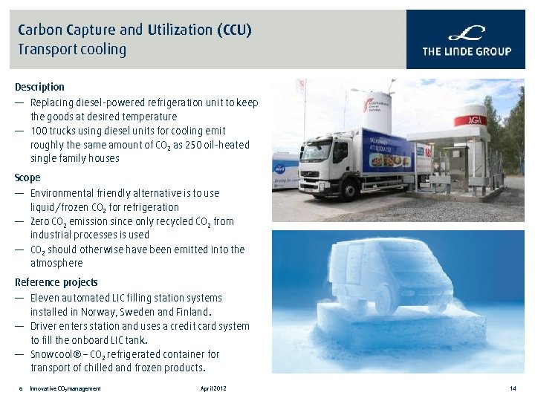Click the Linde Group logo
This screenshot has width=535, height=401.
click(x=467, y=40)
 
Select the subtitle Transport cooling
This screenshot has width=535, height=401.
click(x=72, y=50)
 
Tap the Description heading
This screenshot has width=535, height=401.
click(x=39, y=87)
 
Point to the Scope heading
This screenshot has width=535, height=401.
click(x=27, y=178)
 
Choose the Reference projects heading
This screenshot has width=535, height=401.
click(x=56, y=282)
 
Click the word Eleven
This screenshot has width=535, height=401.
click(x=45, y=298)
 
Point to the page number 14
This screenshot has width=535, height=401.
click(x=513, y=388)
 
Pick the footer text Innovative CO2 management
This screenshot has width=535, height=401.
click(x=65, y=388)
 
